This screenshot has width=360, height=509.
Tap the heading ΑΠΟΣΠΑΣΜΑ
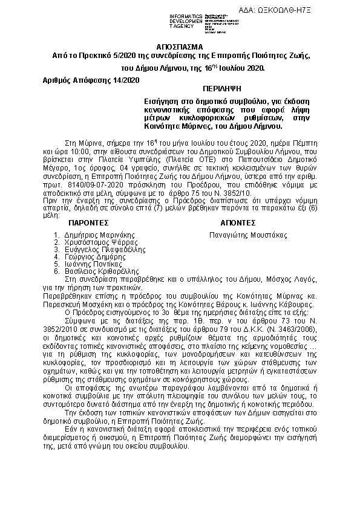click(x=180, y=47)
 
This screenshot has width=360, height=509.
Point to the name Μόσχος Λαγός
click(x=290, y=279)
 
